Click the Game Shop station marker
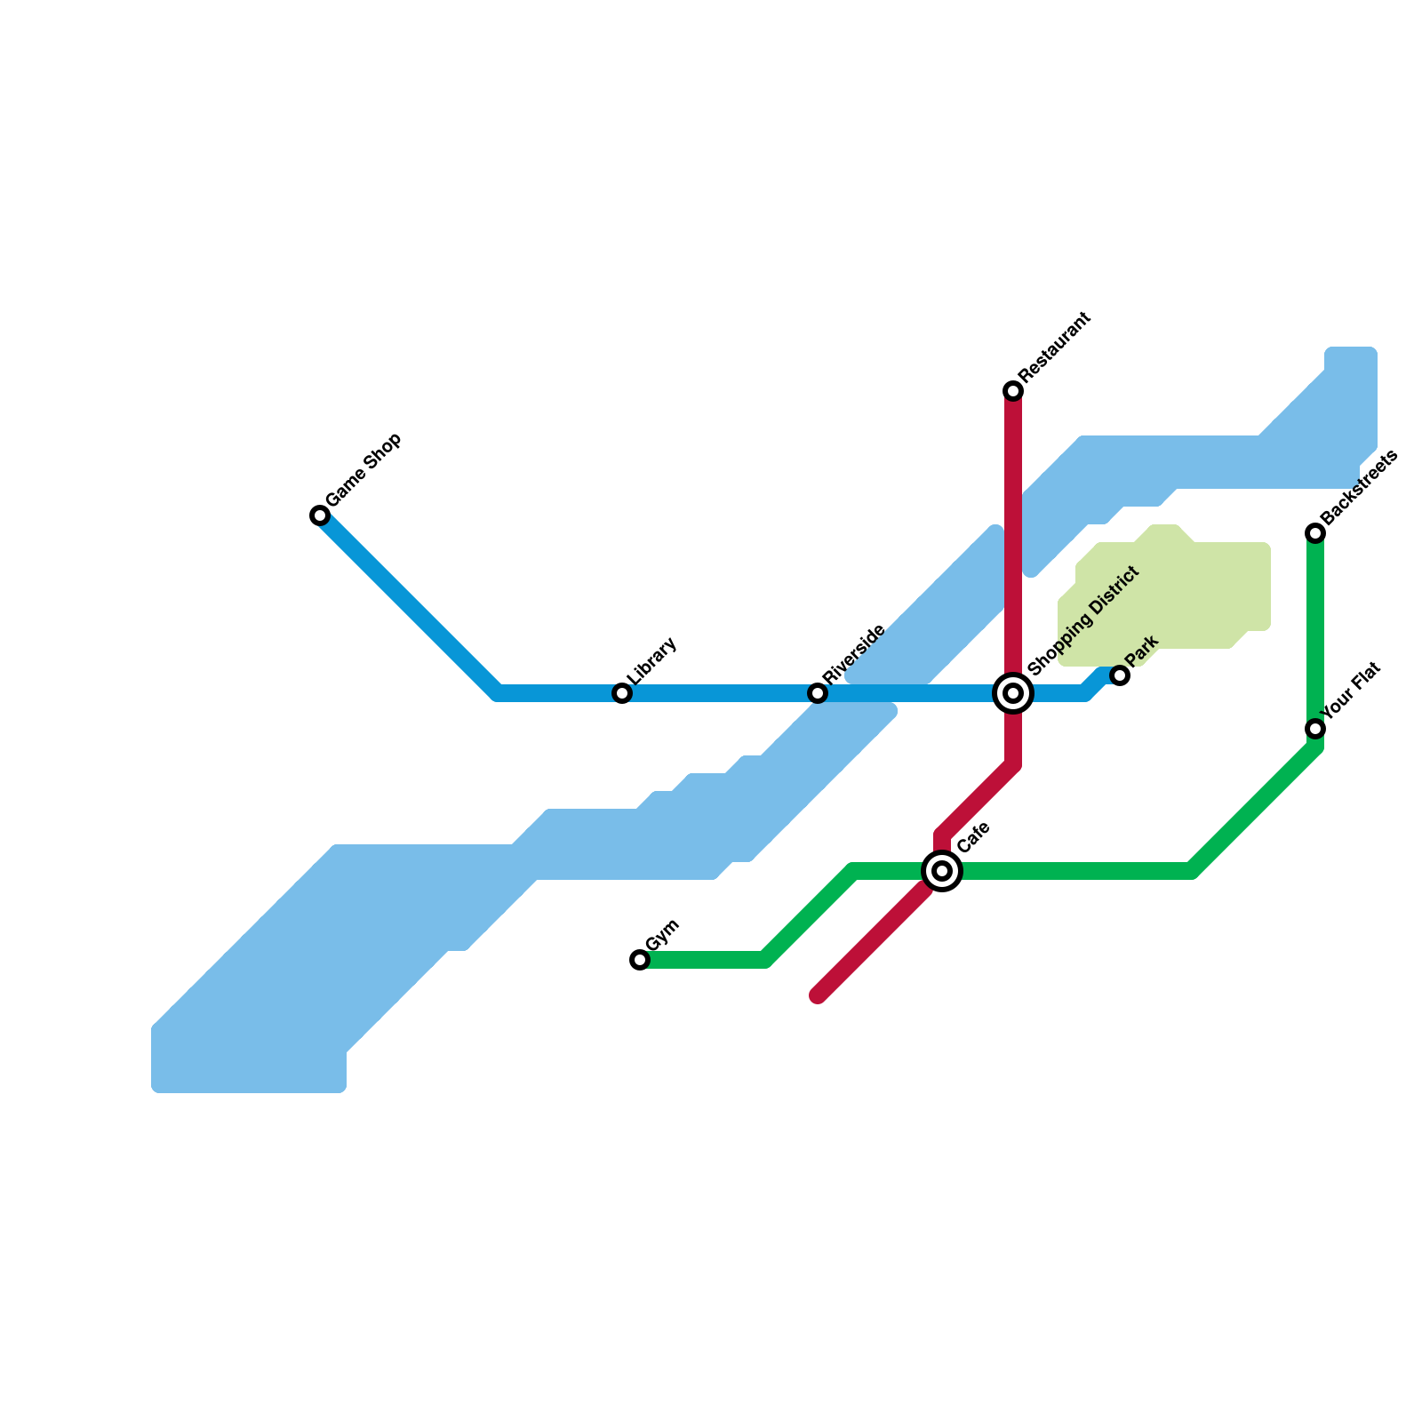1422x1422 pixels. pos(320,515)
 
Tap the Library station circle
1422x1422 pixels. pos(622,693)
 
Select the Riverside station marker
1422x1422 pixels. pos(818,693)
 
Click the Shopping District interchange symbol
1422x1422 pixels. pos(1013,693)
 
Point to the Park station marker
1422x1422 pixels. pos(1120,676)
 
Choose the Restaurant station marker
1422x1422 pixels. pos(1013,391)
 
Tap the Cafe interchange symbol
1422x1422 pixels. pos(942,871)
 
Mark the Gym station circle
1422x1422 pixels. pos(640,960)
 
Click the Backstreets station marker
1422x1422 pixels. pos(1315,533)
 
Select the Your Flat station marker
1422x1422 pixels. pos(1315,729)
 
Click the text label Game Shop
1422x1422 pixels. pos(363,470)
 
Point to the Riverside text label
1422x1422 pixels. pos(853,655)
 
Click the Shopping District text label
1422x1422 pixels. pos(1082,620)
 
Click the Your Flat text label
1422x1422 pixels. pos(1350,691)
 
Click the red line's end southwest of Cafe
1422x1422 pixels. pos(819,995)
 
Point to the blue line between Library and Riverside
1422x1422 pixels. pos(720,693)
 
